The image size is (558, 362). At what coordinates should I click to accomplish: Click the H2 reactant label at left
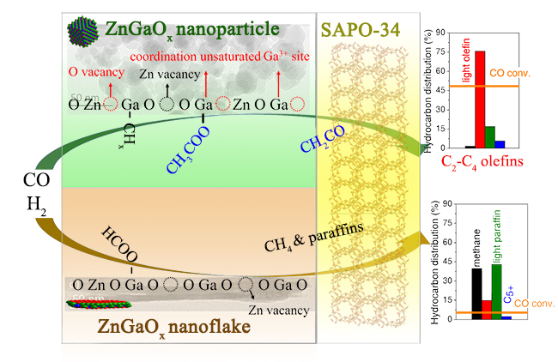point(33,202)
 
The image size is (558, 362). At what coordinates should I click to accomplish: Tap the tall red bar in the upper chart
point(480,100)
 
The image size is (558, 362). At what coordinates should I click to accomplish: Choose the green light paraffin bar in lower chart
point(496,291)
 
